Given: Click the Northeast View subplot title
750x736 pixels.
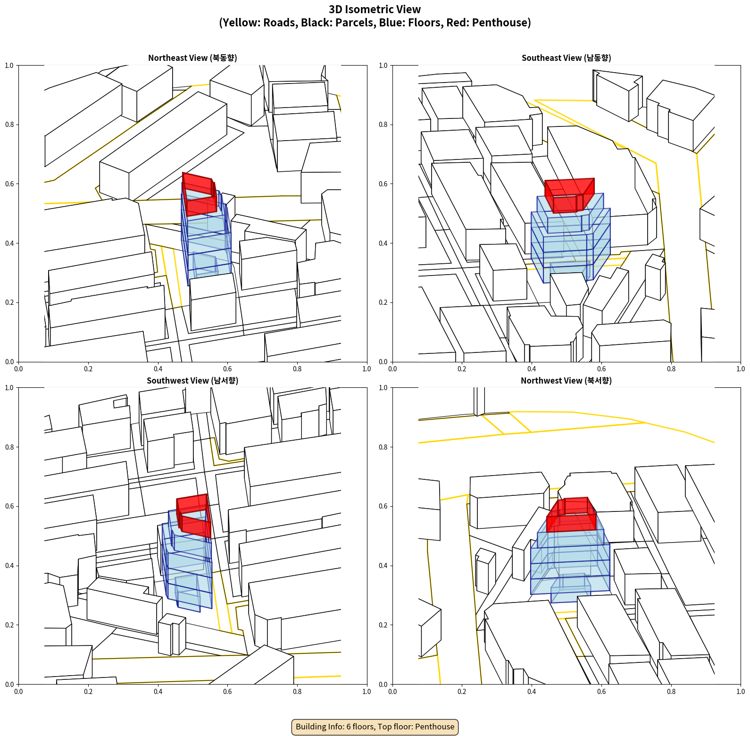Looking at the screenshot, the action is [x=192, y=58].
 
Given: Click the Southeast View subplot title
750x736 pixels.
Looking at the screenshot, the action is [x=566, y=58].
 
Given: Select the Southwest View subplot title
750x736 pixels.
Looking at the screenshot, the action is [x=192, y=381].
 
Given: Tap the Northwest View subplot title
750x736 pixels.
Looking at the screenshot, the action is [x=566, y=381].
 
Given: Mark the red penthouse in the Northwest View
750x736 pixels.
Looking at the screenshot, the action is [x=571, y=515].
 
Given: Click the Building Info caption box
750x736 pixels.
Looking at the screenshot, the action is [x=375, y=727].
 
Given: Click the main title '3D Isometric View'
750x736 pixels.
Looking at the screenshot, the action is [x=375, y=9].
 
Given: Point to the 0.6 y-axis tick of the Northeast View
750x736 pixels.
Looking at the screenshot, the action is [x=9, y=184].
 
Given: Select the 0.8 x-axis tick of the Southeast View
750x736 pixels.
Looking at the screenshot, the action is [x=671, y=369].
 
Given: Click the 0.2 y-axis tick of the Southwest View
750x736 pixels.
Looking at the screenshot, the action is [x=9, y=625].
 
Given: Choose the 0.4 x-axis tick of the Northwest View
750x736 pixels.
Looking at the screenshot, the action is [x=532, y=692].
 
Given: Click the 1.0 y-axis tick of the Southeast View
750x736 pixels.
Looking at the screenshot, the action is [x=383, y=66].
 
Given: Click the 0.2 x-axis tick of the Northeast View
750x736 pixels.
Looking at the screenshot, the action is [x=88, y=369].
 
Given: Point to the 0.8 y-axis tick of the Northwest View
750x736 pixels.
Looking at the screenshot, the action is [x=383, y=447].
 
